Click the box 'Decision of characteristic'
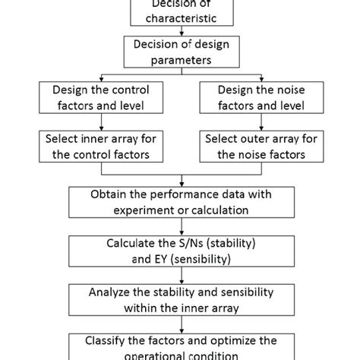[180, 11]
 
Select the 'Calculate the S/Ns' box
[180, 251]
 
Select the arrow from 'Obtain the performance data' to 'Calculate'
[180, 226]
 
